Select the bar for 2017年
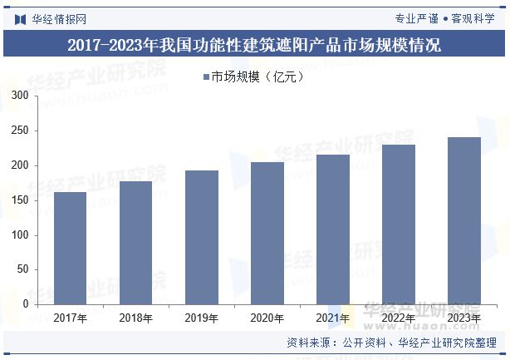click(x=70, y=248)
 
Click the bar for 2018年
click(x=135, y=242)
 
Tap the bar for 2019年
click(x=201, y=237)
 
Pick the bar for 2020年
click(x=267, y=233)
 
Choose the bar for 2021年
click(x=332, y=229)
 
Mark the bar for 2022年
click(x=398, y=224)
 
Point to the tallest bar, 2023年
click(x=463, y=220)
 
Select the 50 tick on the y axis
click(x=23, y=269)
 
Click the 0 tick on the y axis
click(x=26, y=304)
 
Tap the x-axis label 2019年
click(x=201, y=318)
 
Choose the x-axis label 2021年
click(x=332, y=318)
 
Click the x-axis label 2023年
click(x=463, y=318)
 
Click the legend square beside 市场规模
click(x=206, y=77)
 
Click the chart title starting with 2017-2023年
click(x=254, y=46)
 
